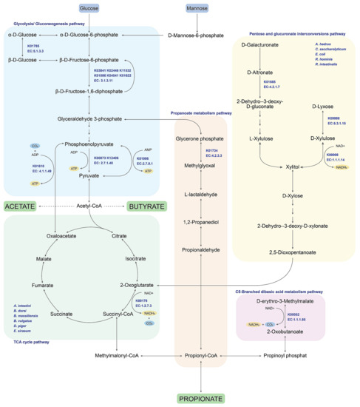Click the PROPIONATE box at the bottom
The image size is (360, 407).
[201, 399]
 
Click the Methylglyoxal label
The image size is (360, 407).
[201, 166]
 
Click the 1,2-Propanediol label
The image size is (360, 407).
[201, 222]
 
